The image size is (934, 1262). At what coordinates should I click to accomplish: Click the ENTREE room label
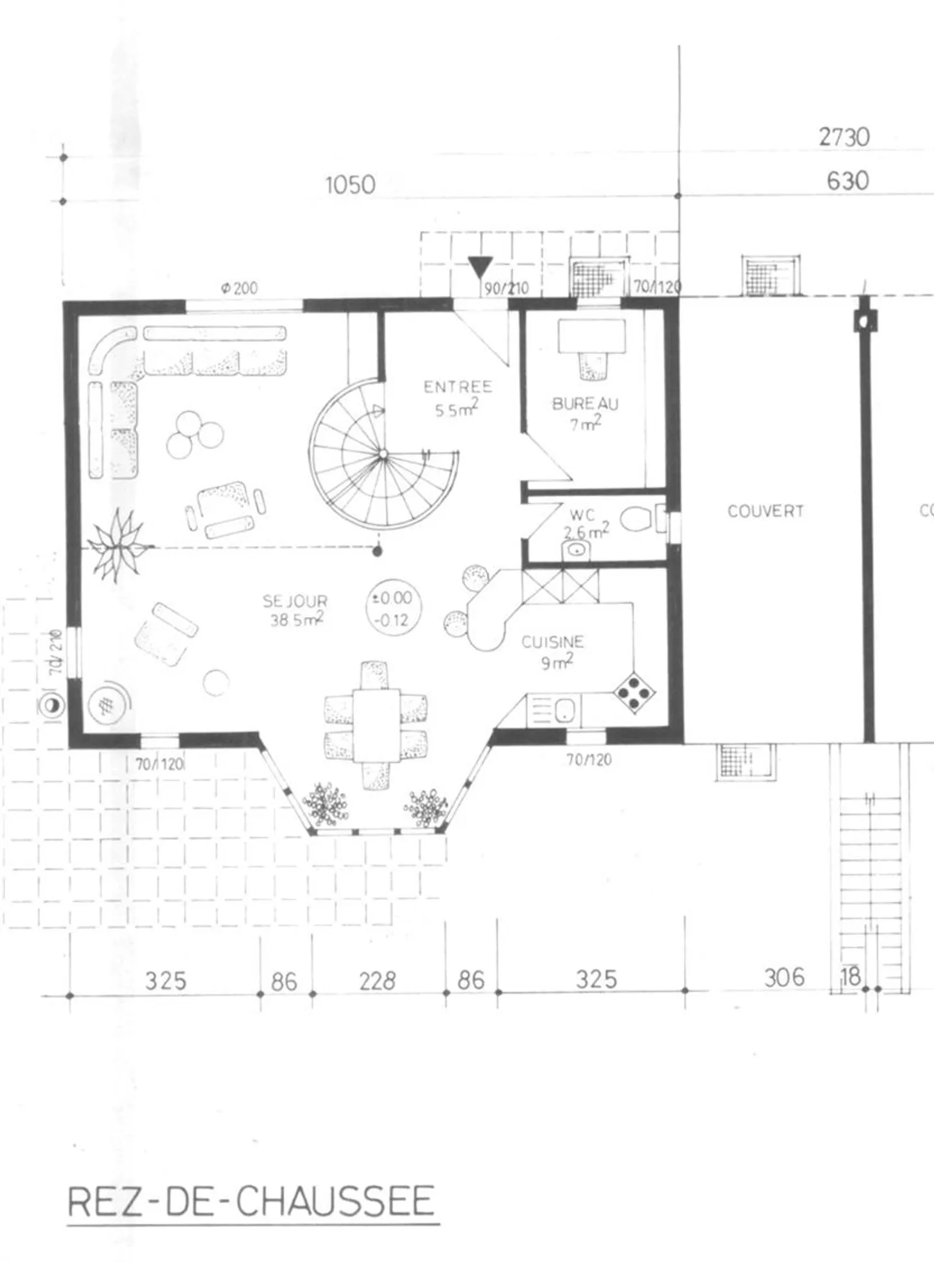coord(458,387)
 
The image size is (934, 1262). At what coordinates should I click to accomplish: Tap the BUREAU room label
coord(585,404)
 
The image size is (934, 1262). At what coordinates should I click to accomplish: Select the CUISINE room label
coord(553,642)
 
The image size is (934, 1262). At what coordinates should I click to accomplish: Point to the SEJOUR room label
coord(295,601)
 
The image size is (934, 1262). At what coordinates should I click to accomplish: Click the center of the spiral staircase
coord(384,455)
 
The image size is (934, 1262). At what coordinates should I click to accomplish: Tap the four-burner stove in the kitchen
coord(633,693)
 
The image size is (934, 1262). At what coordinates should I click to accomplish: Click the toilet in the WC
coord(637,519)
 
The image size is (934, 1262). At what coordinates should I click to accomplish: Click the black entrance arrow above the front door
coord(480,267)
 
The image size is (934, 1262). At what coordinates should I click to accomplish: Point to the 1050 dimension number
coord(350,186)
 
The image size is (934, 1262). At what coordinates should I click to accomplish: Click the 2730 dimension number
coord(844,138)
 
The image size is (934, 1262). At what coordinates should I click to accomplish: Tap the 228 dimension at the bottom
coord(377,980)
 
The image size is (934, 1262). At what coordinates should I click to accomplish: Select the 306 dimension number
coord(784,977)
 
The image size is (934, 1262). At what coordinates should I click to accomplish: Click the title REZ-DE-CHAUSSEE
coord(251,1201)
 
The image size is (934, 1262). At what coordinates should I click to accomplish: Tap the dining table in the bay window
coord(376,725)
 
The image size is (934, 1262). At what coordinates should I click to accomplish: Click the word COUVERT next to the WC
coord(765,511)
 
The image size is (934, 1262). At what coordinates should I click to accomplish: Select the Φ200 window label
coord(239,288)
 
